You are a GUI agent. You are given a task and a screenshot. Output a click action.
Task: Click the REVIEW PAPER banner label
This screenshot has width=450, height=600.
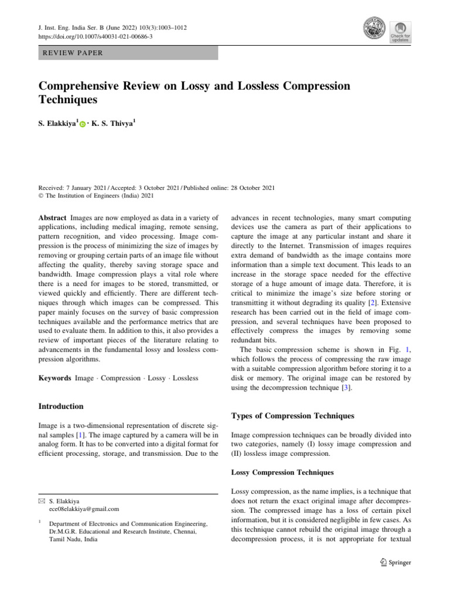(71, 53)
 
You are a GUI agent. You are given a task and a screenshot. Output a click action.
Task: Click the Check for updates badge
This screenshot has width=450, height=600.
(400, 32)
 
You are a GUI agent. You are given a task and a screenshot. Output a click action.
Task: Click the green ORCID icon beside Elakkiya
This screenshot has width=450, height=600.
(83, 124)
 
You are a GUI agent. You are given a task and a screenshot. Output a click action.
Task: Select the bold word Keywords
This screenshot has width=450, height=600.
(54, 378)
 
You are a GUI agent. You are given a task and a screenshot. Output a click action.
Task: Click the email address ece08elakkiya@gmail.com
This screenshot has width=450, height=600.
(84, 509)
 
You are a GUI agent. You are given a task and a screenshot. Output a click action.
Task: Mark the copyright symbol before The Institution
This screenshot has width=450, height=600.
(41, 196)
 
